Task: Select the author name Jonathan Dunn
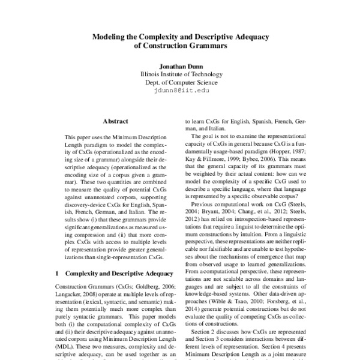[180, 66]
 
